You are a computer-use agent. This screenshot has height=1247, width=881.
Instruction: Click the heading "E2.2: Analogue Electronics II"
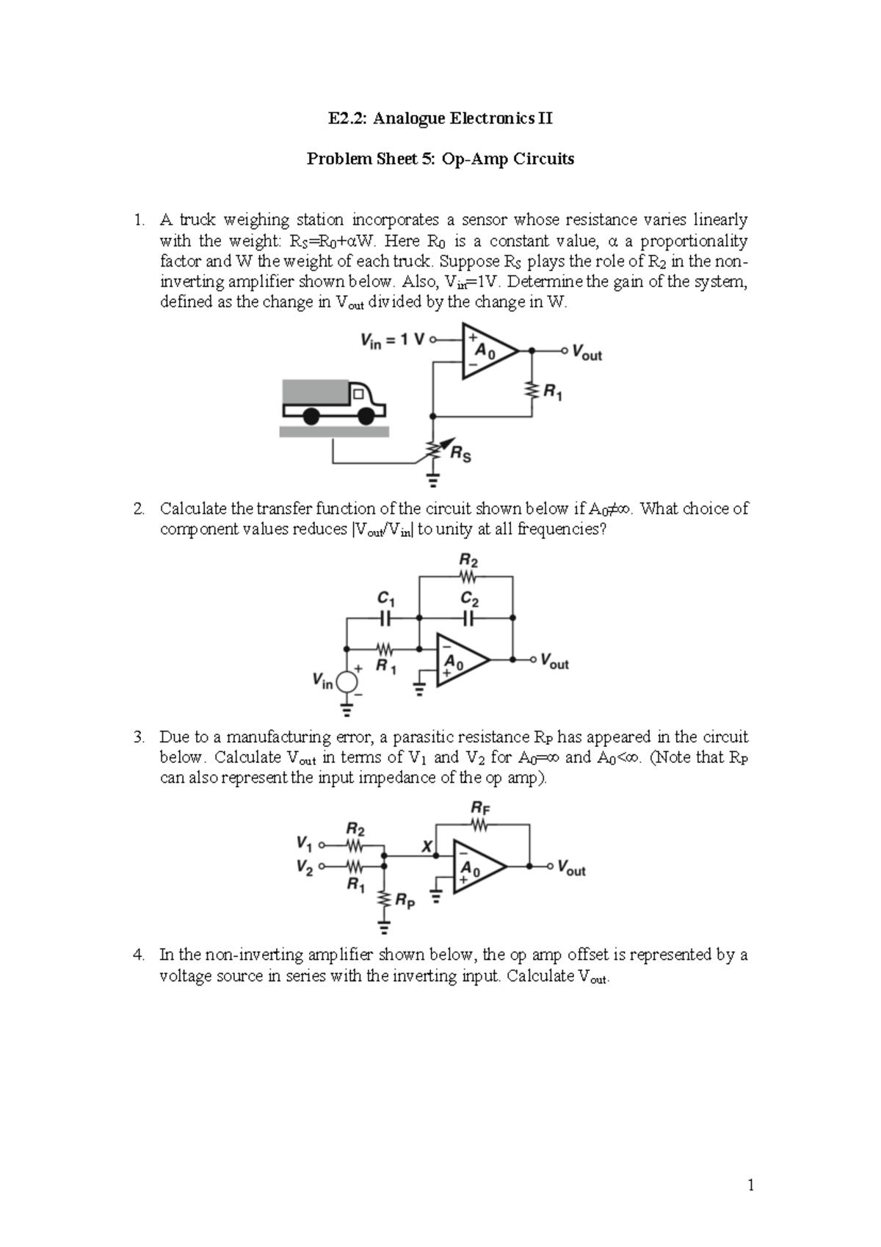click(x=440, y=118)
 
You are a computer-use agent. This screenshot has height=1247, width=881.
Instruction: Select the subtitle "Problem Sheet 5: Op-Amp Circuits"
click(x=440, y=159)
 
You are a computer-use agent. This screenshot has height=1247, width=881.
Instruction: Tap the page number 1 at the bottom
click(x=750, y=1185)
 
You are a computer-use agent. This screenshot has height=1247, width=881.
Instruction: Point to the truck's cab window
click(x=358, y=394)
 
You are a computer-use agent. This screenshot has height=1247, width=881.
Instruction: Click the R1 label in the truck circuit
click(x=553, y=392)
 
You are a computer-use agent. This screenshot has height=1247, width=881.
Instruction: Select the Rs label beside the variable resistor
click(x=460, y=455)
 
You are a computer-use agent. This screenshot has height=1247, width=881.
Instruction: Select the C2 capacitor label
click(x=470, y=599)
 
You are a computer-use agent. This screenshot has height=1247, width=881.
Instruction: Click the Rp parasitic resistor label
click(x=405, y=900)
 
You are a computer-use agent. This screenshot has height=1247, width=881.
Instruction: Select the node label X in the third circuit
click(x=427, y=846)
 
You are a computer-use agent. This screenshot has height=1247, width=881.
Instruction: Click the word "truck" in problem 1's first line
click(x=197, y=220)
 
